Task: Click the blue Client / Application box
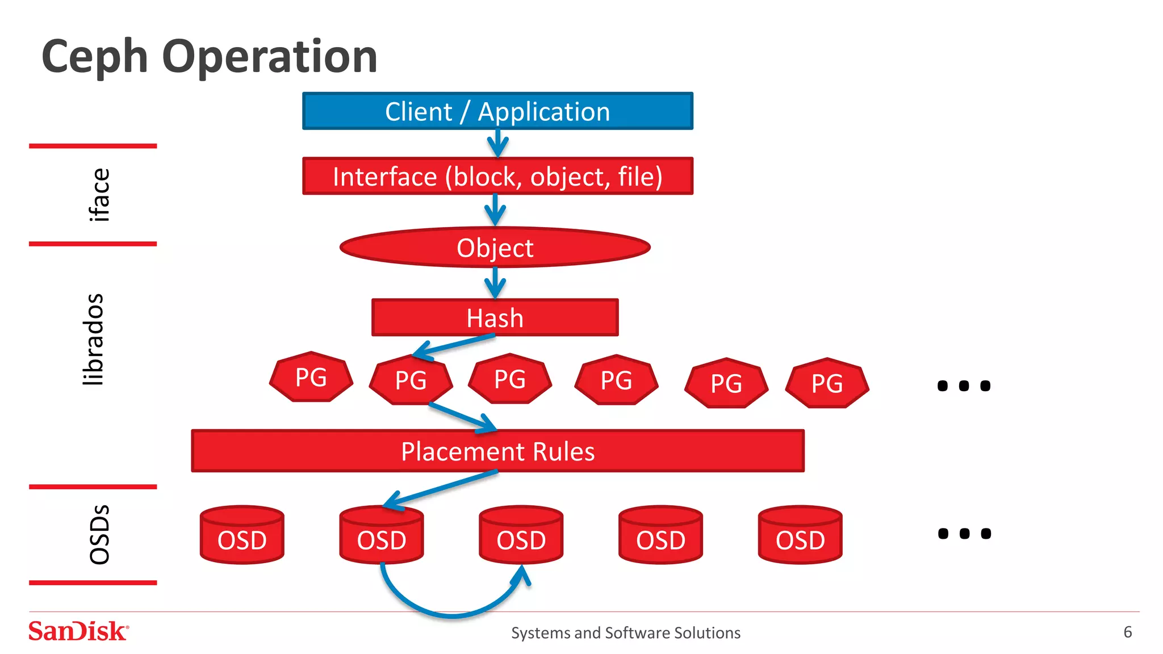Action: pos(497,111)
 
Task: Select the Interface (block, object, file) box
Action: pos(497,177)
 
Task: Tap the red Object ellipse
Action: pos(495,248)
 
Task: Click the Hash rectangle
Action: pos(495,318)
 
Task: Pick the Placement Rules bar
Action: pos(497,451)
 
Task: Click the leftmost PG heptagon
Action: pos(311,378)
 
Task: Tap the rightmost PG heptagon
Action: pos(827,384)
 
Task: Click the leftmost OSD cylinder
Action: pos(242,536)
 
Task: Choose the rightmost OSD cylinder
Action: pos(800,536)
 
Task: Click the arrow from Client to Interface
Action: pos(497,143)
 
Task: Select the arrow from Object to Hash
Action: pos(495,282)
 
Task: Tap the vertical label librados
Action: pos(93,339)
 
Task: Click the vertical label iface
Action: pos(99,195)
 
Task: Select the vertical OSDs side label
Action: pos(99,534)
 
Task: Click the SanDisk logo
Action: pos(78,631)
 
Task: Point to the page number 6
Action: pos(1127,632)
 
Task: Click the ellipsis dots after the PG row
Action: pos(964,386)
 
